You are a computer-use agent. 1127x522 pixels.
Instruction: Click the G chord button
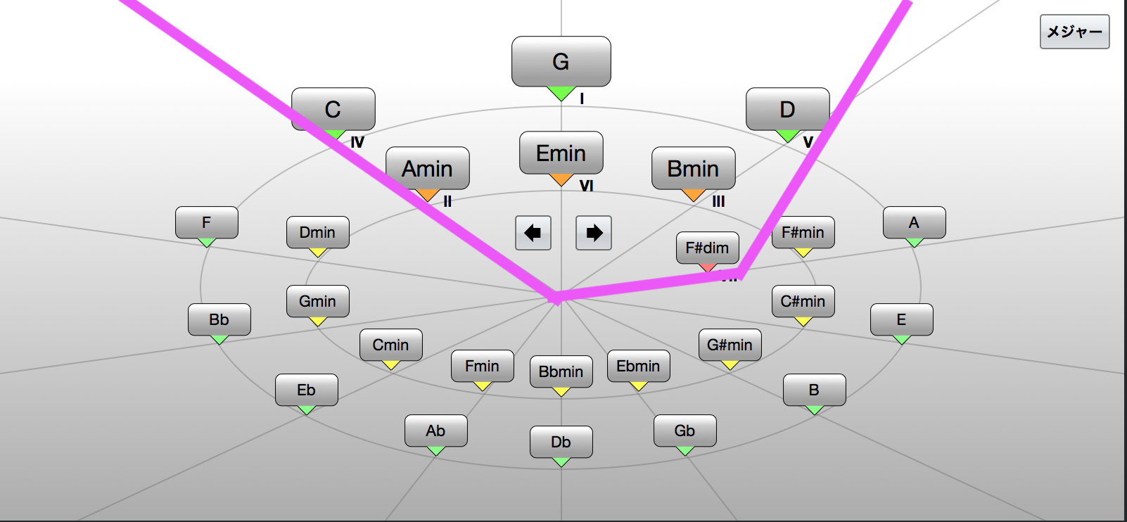561,62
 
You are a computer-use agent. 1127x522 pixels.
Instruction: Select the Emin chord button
561,153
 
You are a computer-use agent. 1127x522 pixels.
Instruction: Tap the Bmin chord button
693,169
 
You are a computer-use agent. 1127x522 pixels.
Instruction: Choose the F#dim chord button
707,248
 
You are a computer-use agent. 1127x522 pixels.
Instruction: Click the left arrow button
533,233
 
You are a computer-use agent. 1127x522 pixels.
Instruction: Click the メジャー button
1074,32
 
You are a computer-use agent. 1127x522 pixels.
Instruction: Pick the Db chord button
561,442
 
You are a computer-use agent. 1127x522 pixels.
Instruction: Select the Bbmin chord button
561,371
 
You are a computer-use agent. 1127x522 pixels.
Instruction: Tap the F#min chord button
803,232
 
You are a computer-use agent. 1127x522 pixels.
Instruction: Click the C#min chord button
803,301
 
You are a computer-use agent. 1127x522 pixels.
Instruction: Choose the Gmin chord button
317,301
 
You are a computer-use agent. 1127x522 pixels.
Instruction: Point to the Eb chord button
306,390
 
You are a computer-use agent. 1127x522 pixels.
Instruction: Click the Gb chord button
685,431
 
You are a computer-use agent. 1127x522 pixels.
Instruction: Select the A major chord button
914,222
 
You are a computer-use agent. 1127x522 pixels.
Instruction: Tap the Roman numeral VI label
586,186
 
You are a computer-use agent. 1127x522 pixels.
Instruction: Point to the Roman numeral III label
718,201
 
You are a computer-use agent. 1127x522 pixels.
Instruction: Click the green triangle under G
561,93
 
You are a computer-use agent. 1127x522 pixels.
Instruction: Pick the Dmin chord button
317,232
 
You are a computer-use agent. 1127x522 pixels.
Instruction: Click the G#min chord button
730,345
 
